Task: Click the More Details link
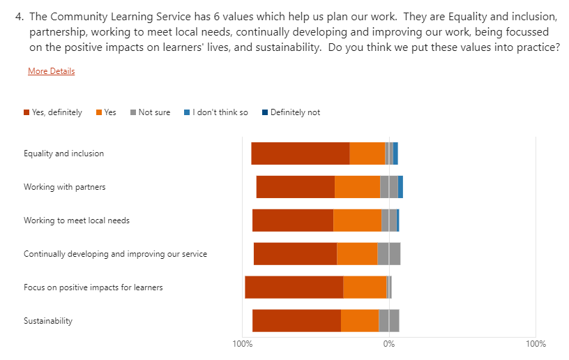[x=51, y=71]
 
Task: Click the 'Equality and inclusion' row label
[x=63, y=153]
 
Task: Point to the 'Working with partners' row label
[x=64, y=187]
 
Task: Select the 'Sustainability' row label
[x=48, y=321]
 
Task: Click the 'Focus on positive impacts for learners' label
[x=93, y=287]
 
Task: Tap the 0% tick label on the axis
[x=388, y=344]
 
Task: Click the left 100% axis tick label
[x=242, y=344]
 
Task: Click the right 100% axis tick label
[x=536, y=344]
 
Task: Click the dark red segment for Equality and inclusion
[x=300, y=153]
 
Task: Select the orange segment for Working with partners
[x=357, y=187]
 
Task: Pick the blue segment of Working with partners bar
[x=400, y=187]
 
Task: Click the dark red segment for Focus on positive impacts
[x=294, y=287]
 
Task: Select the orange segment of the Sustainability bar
[x=360, y=321]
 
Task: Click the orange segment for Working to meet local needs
[x=357, y=220]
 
